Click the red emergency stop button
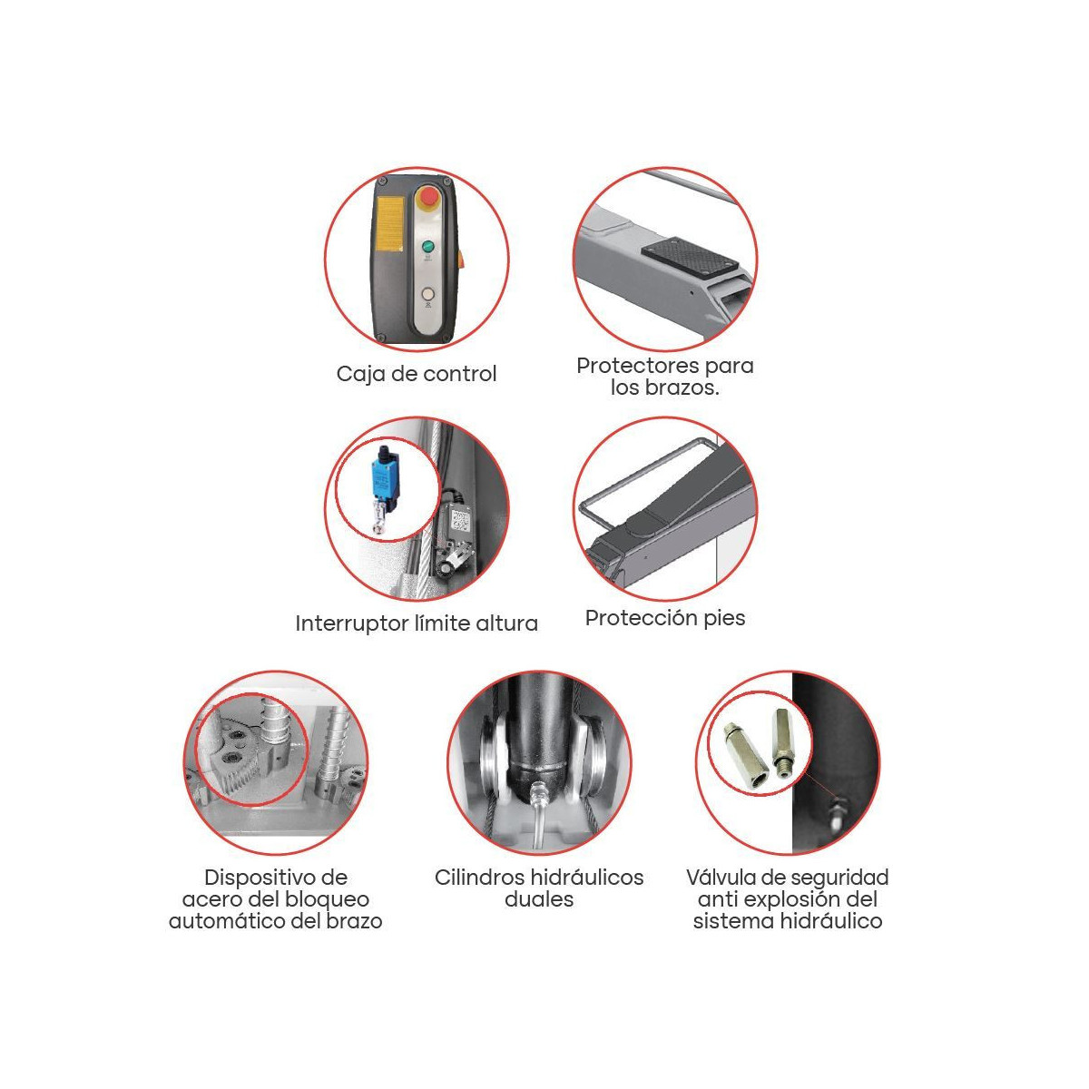[x=428, y=197]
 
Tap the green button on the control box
[x=427, y=247]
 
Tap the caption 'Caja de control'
[x=417, y=374]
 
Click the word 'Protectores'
[x=638, y=366]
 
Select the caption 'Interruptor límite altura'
[x=417, y=623]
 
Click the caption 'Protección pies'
[x=665, y=618]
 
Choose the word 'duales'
[x=539, y=899]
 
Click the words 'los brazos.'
[x=665, y=388]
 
